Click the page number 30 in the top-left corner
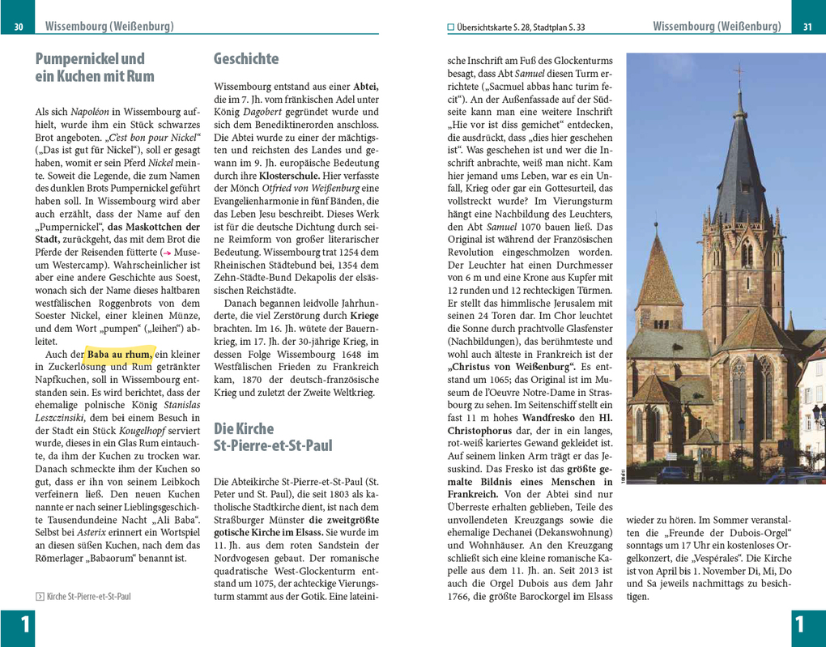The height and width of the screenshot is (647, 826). click(x=19, y=28)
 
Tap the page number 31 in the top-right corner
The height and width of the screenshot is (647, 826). click(x=807, y=28)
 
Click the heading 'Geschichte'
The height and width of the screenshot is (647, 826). click(x=245, y=59)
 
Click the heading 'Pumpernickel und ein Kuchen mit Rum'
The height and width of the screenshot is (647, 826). click(x=95, y=68)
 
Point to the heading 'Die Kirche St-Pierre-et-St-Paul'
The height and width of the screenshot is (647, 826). click(x=273, y=436)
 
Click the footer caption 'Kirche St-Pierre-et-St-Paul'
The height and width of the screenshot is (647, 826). click(x=87, y=597)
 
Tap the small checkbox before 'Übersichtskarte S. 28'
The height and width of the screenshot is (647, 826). click(x=451, y=28)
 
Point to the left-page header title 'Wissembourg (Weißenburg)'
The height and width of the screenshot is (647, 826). click(x=109, y=27)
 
